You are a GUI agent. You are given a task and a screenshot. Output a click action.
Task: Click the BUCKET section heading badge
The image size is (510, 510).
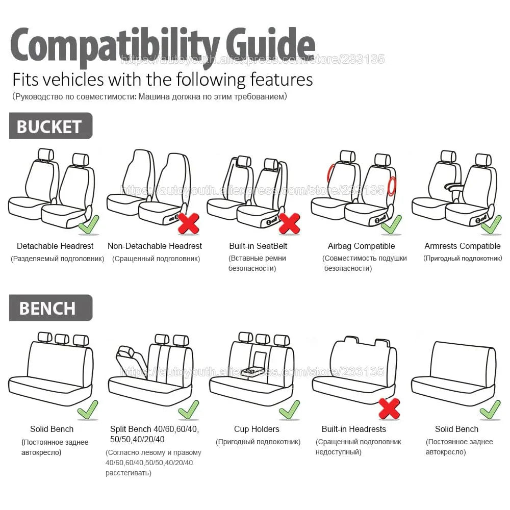point(50,126)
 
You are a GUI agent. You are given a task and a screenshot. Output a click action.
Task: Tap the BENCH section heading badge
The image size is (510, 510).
point(50,308)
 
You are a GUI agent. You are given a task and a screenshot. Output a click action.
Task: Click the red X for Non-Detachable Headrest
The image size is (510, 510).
point(188,223)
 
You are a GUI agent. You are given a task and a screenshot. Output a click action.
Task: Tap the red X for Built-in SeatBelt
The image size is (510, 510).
point(289,223)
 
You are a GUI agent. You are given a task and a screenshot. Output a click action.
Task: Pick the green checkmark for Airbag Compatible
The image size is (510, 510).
point(391,224)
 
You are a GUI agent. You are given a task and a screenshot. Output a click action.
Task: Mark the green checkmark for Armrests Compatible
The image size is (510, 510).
point(491,224)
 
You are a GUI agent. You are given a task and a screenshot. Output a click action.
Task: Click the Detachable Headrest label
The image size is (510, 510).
point(55,246)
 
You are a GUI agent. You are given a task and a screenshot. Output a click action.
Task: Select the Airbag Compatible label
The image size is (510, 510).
point(361,246)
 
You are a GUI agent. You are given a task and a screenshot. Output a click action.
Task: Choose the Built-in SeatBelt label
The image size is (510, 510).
point(258,246)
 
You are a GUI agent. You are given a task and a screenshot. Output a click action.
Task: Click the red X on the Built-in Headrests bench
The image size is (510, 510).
point(389,408)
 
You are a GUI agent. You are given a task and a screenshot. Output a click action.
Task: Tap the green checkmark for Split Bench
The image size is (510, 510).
point(188,409)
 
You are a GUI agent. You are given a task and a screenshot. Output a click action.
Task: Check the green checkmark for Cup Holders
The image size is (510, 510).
point(289,409)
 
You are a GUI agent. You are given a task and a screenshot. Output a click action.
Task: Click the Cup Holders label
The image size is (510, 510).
point(257,429)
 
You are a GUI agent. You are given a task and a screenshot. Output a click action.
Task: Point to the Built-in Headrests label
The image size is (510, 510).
point(353,429)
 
